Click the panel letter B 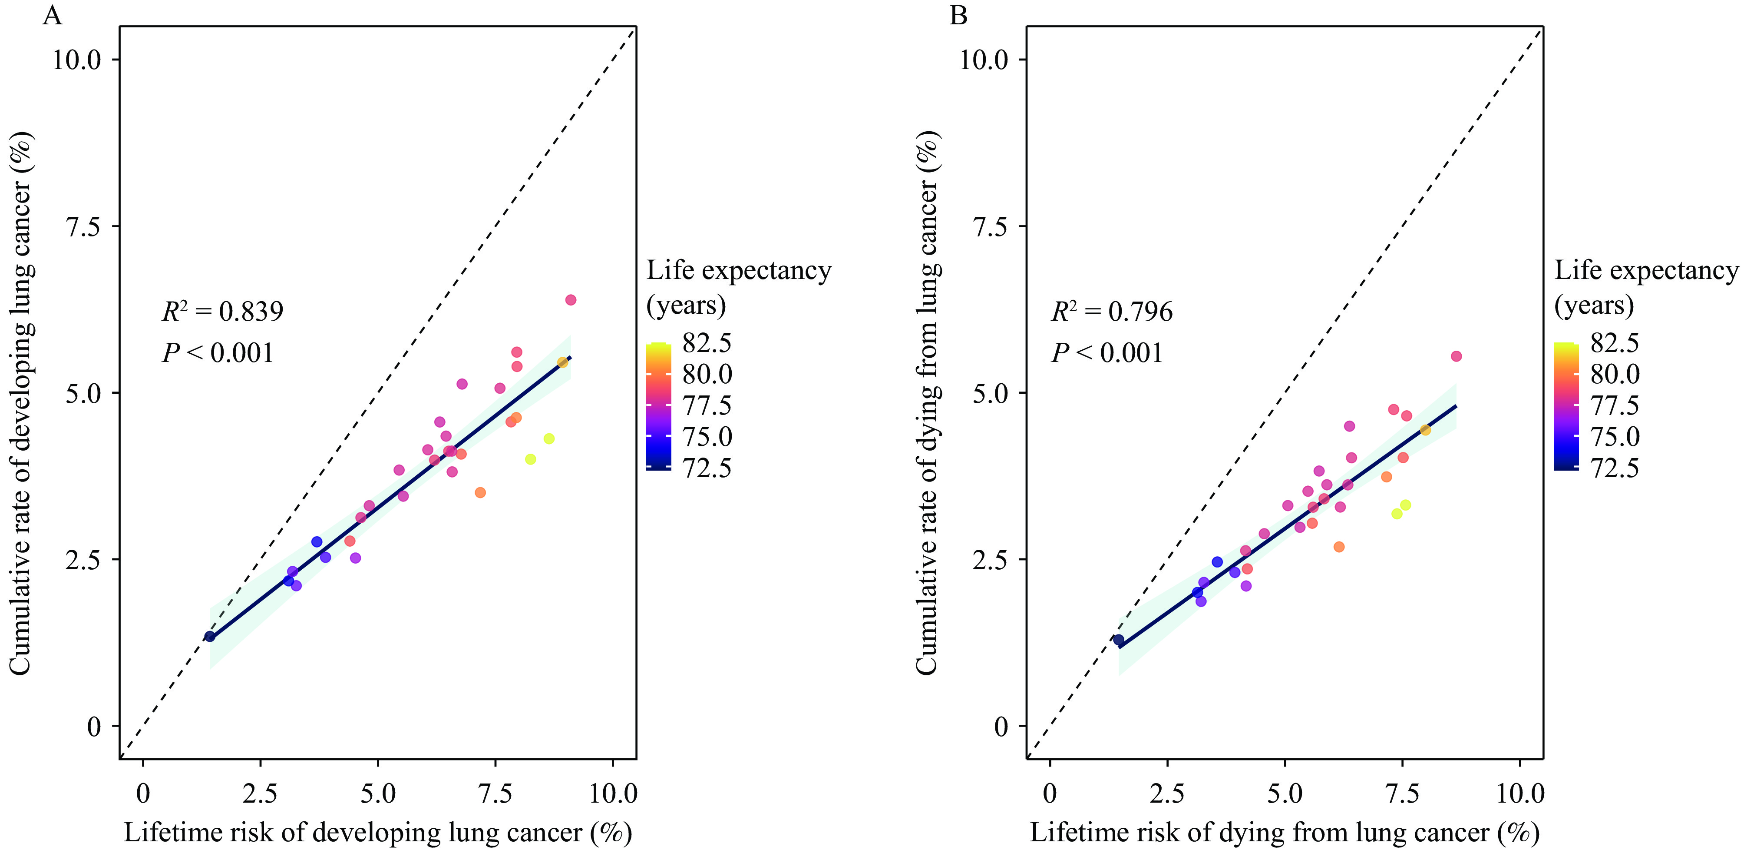coord(959,15)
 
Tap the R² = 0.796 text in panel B coord(1112,312)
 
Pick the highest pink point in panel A coord(571,300)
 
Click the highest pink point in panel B coord(1456,356)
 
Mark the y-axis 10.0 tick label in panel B coord(984,60)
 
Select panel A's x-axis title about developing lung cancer coord(378,832)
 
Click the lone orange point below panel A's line coord(480,492)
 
